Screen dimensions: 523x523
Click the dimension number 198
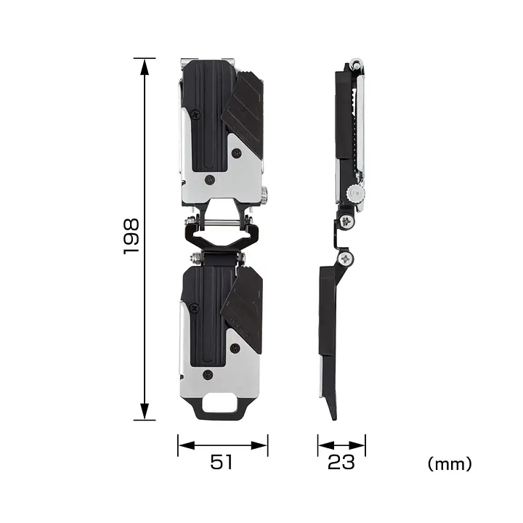(x=131, y=237)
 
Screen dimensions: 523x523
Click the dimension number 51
(x=221, y=462)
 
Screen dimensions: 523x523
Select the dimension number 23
(x=341, y=462)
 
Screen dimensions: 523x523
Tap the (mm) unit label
(x=450, y=463)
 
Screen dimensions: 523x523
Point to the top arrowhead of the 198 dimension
(x=145, y=67)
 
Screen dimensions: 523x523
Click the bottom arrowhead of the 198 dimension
(x=145, y=411)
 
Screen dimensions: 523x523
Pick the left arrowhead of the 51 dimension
(x=187, y=445)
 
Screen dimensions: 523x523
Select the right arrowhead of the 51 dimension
(x=259, y=445)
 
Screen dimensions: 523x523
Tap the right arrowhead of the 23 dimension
(x=357, y=445)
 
